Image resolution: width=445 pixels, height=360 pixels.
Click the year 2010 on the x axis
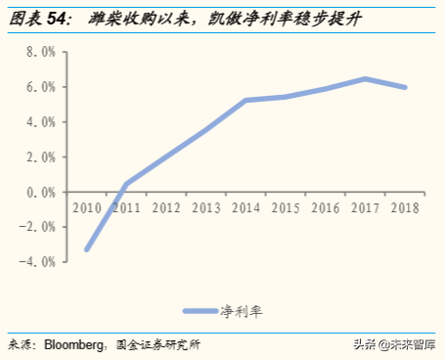point(88,207)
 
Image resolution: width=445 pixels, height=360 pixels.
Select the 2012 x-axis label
point(167,207)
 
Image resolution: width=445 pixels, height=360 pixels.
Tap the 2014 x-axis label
point(246,207)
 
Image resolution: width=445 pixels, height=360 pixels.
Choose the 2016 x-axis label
point(325,207)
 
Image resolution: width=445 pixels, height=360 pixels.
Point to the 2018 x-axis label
point(404,207)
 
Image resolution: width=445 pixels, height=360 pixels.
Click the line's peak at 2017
point(365,79)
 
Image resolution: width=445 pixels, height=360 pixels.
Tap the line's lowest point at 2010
point(88,249)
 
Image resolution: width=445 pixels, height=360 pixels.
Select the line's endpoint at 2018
point(404,87)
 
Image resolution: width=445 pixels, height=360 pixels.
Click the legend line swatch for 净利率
point(201,311)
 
